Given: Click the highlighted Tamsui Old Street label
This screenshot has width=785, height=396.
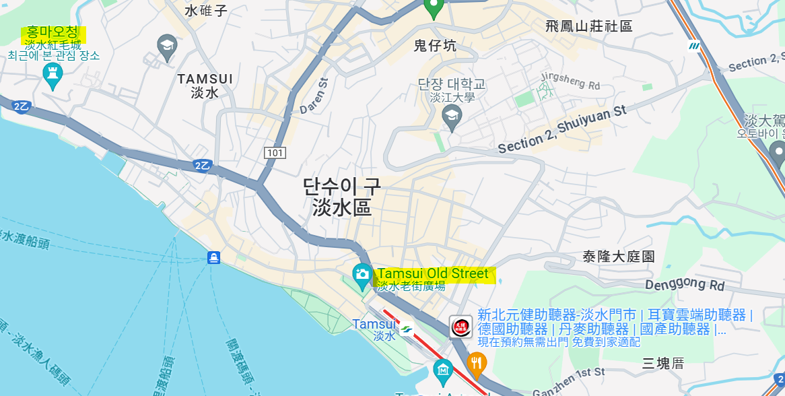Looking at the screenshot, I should [x=433, y=274].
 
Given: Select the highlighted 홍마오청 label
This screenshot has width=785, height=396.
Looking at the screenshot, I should [x=53, y=32].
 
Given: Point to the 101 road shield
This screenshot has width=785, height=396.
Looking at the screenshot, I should [x=274, y=153].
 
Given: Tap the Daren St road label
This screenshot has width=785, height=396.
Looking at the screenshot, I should [x=314, y=96].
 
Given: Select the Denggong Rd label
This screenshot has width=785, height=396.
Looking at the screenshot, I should [x=685, y=285].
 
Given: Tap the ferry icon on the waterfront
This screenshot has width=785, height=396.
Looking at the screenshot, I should [x=213, y=257].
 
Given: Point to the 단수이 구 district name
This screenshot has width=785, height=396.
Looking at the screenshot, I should [x=341, y=187].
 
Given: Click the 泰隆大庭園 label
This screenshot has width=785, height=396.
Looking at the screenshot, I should [x=619, y=257].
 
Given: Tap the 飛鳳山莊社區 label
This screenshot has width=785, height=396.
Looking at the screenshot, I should [x=589, y=26].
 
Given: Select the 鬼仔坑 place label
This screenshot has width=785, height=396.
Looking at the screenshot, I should [x=434, y=46].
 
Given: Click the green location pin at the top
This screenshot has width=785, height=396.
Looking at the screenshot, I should [x=432, y=7].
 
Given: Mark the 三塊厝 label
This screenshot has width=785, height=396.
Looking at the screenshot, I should [x=662, y=364].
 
